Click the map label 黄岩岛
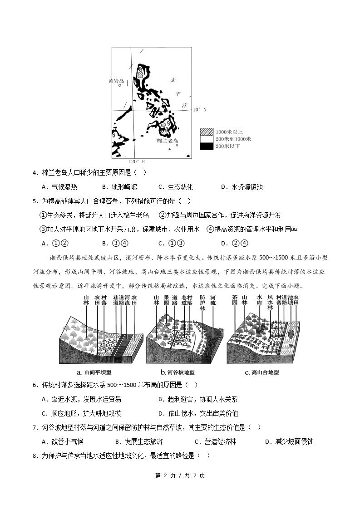[116, 81]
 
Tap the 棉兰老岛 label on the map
[168, 141]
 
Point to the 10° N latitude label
[199, 110]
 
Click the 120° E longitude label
[136, 162]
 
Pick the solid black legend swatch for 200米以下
[207, 146]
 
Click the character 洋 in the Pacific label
[185, 105]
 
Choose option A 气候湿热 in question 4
[59, 187]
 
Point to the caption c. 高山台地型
[262, 372]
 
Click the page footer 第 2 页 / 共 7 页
[180, 475]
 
